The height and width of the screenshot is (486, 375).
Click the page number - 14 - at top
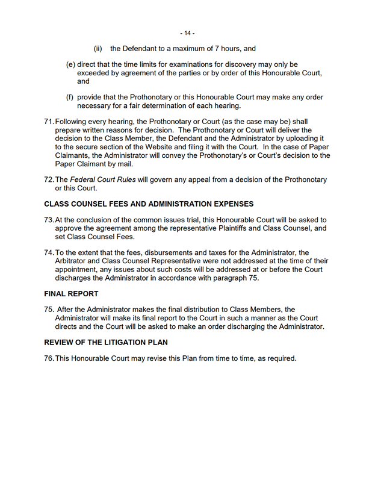[187, 33]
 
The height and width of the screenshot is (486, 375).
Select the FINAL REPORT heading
[72, 293]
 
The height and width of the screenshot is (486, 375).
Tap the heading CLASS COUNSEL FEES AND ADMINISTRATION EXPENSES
[149, 204]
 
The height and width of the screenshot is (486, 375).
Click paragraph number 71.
[49, 122]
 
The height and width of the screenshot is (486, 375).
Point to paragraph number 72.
[49, 179]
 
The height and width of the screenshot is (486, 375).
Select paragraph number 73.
[49, 220]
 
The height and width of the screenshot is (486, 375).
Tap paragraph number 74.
[49, 252]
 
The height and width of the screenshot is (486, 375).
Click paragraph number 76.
[49, 358]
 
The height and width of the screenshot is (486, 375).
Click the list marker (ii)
[98, 49]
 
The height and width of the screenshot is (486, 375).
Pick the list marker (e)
[70, 64]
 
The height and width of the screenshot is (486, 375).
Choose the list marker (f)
[70, 97]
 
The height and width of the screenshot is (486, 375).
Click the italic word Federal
[85, 179]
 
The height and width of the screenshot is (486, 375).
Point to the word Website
[174, 146]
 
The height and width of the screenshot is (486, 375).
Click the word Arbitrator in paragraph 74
[73, 261]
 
